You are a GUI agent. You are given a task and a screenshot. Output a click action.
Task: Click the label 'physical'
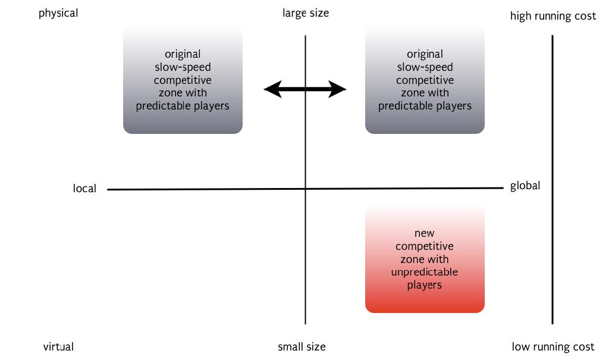pos(58,12)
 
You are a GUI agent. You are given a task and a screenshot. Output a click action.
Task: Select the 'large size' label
pos(306,12)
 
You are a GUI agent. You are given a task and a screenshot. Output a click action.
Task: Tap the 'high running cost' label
pos(553,16)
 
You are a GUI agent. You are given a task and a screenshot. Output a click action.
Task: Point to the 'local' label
pos(84,189)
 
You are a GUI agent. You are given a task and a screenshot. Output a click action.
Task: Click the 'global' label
pos(525,186)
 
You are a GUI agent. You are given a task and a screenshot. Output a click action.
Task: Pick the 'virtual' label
pos(58,346)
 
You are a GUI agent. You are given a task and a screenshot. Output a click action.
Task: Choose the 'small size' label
pos(302,346)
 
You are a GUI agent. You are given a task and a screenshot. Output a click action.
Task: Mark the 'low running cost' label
pos(553,346)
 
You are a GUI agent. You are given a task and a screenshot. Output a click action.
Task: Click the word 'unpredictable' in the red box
pos(425,272)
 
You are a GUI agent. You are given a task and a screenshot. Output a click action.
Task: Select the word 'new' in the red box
pos(425,233)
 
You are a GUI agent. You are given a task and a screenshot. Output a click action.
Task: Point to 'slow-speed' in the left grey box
pos(183,67)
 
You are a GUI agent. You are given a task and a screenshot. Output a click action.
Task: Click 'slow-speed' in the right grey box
pos(425,67)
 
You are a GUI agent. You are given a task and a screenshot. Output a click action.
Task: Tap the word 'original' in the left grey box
pos(183,54)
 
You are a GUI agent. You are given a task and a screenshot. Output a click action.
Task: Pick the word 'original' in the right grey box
pos(425,54)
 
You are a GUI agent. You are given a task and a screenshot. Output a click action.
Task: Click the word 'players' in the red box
pos(425,285)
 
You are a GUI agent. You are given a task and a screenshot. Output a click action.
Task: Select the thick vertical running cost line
pos(553,179)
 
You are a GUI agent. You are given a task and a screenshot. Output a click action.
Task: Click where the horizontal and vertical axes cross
pos(306,189)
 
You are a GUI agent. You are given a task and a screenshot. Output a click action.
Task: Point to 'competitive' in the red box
pos(425,246)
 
